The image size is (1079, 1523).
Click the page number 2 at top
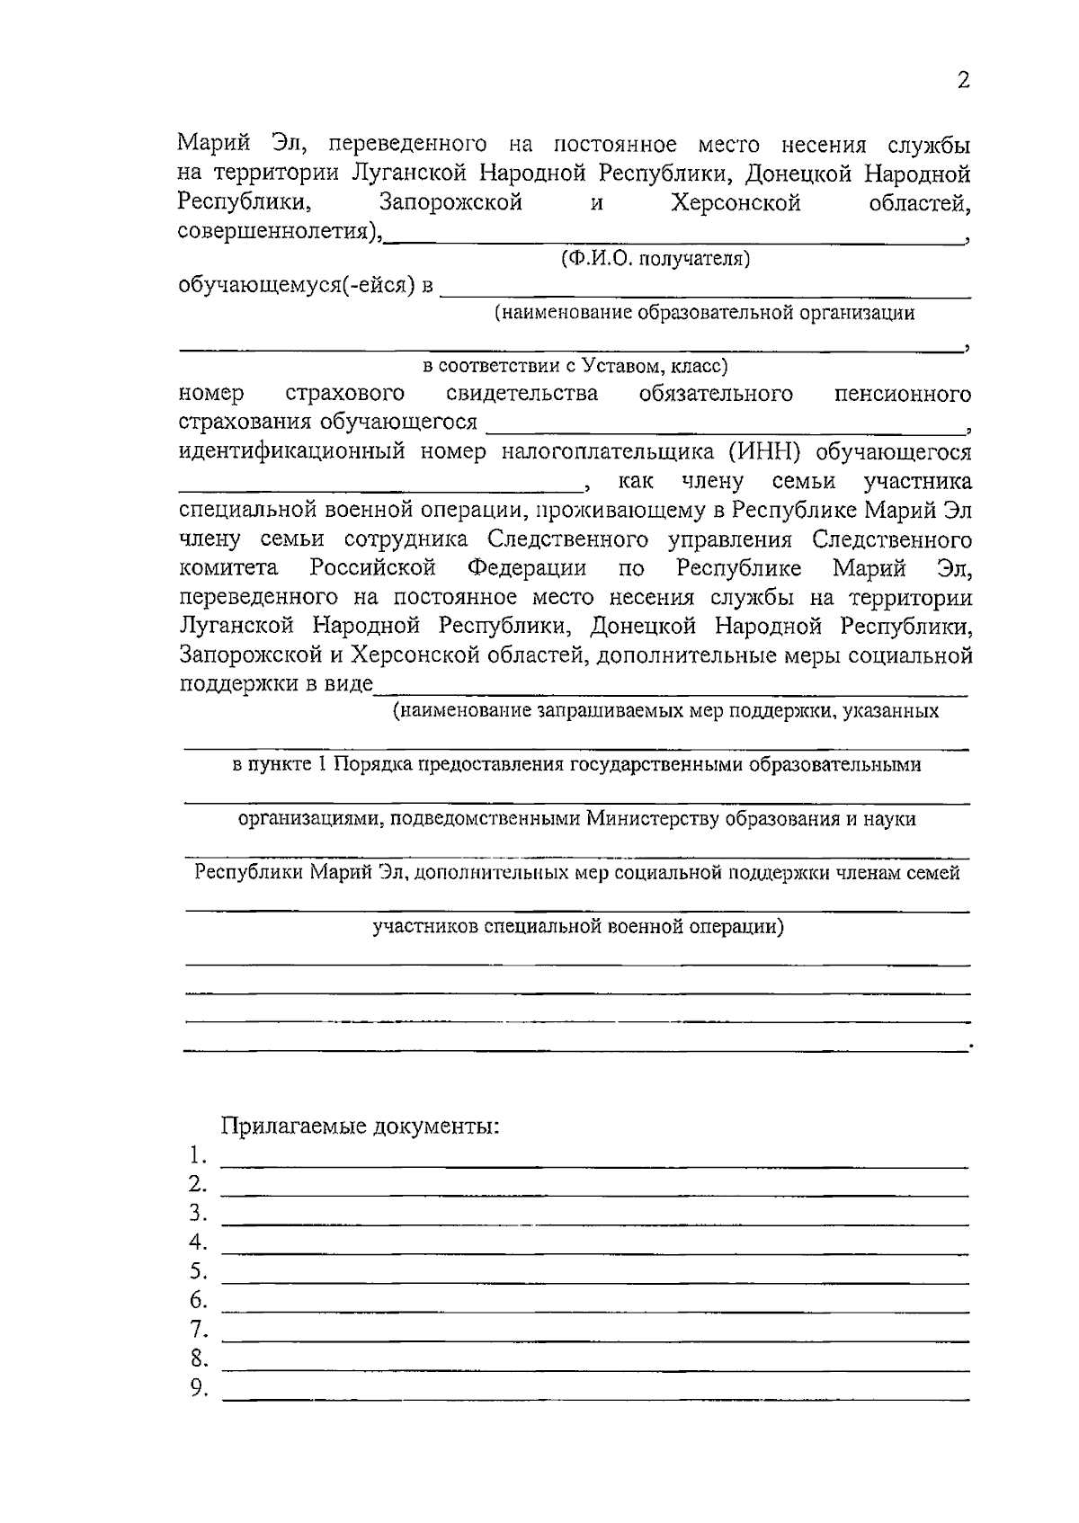pos(963,81)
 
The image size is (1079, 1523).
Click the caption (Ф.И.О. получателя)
pos(655,259)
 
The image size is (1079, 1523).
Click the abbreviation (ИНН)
pos(767,451)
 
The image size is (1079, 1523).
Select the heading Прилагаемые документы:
pos(361,1126)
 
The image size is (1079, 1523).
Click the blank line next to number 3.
pos(593,1223)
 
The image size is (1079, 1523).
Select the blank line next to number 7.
pos(593,1340)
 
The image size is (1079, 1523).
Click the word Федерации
pos(527,568)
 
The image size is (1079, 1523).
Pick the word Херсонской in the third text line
pos(736,203)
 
